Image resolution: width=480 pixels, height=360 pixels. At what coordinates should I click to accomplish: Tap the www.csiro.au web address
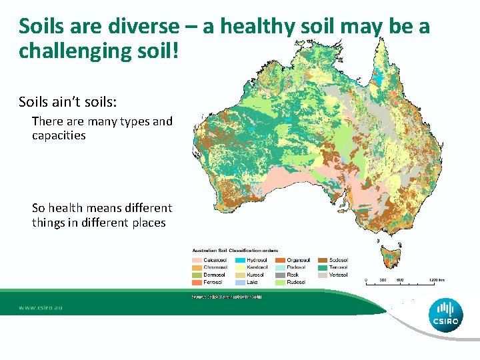click(40, 309)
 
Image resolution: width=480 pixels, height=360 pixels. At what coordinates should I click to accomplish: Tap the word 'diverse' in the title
click(147, 27)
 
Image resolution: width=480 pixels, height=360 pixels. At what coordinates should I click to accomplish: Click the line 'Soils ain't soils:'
click(68, 102)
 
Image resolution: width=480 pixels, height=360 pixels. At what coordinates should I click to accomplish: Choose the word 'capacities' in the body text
click(59, 135)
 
